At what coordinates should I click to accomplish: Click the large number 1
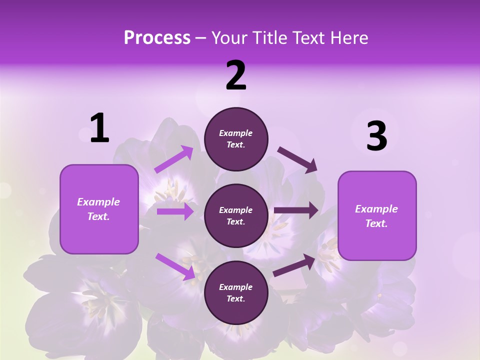point(99,128)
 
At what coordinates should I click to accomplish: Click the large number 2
point(236,75)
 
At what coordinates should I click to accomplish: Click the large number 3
point(376,136)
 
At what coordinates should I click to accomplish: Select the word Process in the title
point(157,37)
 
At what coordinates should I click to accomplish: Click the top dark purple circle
point(236,139)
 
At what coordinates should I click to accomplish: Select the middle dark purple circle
point(236,215)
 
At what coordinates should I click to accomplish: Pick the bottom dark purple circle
point(236,292)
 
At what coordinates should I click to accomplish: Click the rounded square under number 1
point(99,209)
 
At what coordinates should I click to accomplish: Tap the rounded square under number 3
point(377,216)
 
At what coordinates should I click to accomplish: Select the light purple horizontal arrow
point(175,211)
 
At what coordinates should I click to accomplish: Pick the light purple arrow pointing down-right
point(175,266)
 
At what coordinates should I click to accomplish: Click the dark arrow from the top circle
point(297,160)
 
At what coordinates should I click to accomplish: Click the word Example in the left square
point(98,202)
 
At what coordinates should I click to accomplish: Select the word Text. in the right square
point(376,223)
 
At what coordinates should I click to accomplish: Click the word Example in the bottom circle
point(236,287)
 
